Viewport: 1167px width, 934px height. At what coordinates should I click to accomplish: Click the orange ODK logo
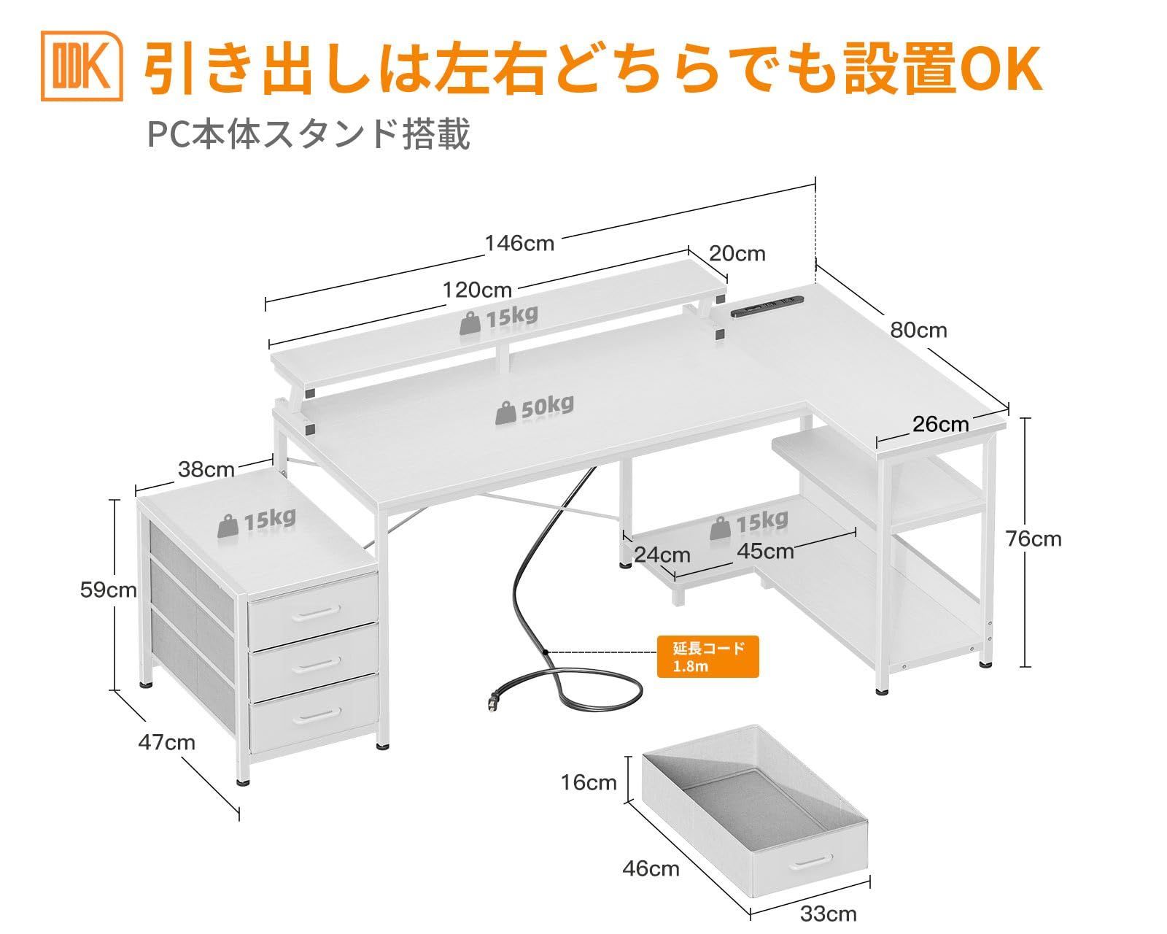[x=82, y=66]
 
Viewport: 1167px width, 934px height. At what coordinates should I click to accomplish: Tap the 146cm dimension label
[x=519, y=242]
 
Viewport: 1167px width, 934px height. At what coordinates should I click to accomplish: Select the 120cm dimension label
[x=477, y=290]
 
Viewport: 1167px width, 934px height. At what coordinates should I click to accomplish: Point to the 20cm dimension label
[x=737, y=253]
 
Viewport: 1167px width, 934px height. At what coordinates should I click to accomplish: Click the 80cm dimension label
[x=918, y=331]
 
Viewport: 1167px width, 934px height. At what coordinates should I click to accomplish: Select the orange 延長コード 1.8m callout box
[x=707, y=657]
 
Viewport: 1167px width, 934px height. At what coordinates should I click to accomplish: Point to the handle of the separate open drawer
[x=813, y=883]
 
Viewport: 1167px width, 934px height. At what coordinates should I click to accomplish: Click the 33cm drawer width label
[x=828, y=914]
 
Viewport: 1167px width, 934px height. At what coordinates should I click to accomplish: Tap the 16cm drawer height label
[x=589, y=783]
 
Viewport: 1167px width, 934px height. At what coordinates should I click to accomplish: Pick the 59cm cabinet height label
[x=108, y=590]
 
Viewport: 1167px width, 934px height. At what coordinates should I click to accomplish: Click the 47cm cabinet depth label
[x=166, y=742]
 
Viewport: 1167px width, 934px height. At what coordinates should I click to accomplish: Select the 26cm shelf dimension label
[x=940, y=424]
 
